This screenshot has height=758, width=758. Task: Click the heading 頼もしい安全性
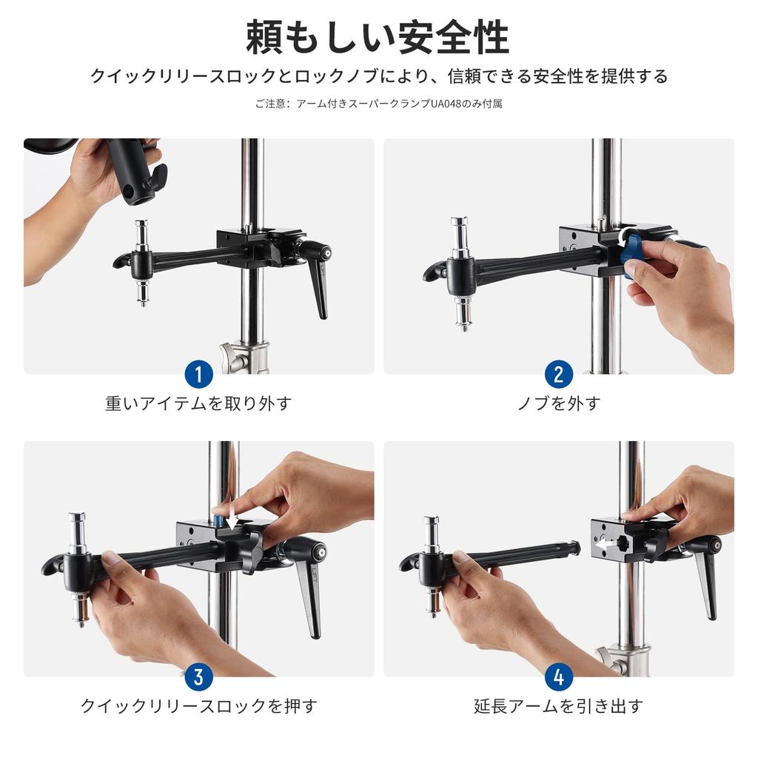378,37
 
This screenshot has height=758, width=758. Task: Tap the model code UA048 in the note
449,104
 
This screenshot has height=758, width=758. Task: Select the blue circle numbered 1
198,375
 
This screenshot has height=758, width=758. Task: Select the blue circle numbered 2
558,375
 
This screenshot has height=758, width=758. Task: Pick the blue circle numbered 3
198,677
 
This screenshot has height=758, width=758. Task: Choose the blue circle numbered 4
558,677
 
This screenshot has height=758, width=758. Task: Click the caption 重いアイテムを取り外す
198,403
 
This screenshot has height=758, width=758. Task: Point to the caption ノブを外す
558,403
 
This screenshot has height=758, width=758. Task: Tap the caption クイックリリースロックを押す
198,705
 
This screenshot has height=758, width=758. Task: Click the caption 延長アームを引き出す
558,705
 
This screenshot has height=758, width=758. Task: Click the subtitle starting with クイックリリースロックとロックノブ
378,76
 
